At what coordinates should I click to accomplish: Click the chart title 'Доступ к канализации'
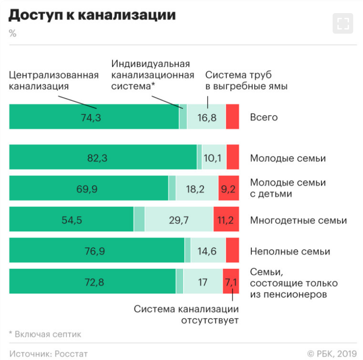[x=92, y=15]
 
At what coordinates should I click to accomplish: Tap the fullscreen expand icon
[x=342, y=23]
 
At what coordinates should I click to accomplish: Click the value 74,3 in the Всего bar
[x=91, y=117]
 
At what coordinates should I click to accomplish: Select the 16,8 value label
[x=206, y=117]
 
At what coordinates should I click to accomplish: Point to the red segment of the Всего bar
[x=232, y=117]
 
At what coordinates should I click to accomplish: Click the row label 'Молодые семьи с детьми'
[x=288, y=188]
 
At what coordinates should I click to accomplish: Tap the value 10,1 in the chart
[x=212, y=158]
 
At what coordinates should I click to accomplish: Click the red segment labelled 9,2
[x=228, y=189]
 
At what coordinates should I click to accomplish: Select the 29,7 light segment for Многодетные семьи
[x=179, y=220]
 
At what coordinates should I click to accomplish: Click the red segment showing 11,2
[x=226, y=220]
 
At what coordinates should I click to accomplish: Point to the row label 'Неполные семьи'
[x=290, y=252]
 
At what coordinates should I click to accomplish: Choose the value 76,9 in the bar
[x=96, y=252]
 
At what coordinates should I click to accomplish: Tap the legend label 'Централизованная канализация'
[x=54, y=80]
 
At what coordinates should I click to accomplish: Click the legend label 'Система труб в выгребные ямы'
[x=246, y=80]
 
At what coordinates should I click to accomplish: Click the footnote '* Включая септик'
[x=45, y=334]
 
